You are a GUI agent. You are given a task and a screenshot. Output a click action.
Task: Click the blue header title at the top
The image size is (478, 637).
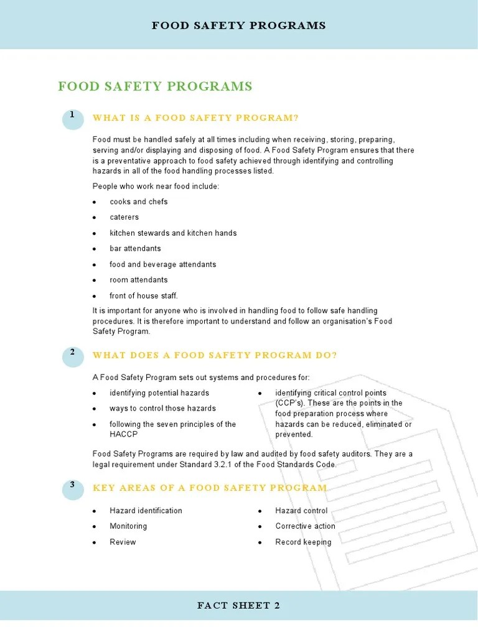pos(239,26)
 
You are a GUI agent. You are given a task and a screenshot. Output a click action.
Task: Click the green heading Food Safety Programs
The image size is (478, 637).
pos(155,86)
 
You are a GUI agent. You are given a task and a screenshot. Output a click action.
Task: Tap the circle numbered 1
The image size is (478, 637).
pos(73,118)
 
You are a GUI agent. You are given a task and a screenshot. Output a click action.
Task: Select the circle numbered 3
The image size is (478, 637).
pos(73,488)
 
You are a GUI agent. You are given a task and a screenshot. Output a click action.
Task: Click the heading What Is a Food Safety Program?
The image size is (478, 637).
pos(195,118)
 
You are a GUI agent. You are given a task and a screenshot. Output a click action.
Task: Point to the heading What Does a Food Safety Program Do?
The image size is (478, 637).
pos(215,355)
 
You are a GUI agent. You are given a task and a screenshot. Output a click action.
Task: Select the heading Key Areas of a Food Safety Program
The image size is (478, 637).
pos(210,488)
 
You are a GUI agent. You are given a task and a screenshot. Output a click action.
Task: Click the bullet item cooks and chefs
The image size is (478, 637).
pos(138,202)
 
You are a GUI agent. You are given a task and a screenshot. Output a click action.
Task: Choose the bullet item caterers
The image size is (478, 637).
pos(124,217)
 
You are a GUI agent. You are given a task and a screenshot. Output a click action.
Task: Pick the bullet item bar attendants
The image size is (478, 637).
pos(135,248)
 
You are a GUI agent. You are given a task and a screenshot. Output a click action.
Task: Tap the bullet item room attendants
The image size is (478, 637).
pos(138,280)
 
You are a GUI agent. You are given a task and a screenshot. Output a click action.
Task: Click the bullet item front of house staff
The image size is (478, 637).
pos(143,295)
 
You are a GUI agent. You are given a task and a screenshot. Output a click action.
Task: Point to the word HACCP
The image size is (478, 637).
pos(123,434)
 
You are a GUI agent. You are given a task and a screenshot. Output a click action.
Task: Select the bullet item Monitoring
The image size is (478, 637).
pos(128,526)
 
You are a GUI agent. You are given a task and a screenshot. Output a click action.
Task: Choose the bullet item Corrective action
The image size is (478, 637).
pos(305,526)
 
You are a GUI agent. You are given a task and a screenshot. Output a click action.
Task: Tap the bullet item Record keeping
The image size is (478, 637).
pos(303,542)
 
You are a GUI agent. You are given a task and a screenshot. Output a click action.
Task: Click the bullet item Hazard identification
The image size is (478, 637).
pos(146,511)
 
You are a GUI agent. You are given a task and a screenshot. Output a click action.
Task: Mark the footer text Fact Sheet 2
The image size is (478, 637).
pos(238,606)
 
